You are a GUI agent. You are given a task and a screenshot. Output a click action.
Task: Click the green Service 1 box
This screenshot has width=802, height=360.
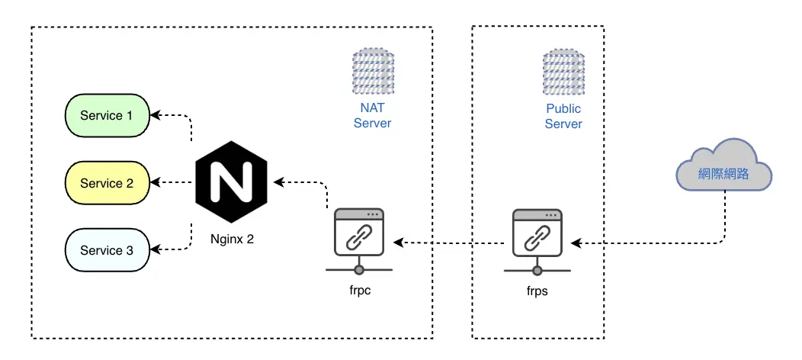click(107, 116)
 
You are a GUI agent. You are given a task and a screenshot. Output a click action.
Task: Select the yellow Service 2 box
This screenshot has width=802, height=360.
click(107, 183)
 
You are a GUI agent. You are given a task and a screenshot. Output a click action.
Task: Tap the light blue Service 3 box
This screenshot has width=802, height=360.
click(107, 250)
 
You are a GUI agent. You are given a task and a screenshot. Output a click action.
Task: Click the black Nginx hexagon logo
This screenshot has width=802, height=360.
click(232, 182)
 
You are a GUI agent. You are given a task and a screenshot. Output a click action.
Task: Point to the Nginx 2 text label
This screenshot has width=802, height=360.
click(232, 239)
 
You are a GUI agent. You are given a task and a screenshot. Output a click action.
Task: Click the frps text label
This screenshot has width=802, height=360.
click(537, 291)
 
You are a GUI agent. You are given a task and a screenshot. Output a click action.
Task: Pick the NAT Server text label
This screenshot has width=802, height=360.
click(372, 116)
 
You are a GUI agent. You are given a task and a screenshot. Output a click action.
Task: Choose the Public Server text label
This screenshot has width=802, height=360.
click(563, 116)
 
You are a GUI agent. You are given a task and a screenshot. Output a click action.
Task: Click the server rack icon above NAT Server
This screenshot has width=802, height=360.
click(373, 71)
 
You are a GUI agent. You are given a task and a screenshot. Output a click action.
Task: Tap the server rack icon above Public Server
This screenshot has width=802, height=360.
click(563, 71)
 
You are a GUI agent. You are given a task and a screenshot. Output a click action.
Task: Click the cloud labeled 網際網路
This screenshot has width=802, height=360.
click(723, 166)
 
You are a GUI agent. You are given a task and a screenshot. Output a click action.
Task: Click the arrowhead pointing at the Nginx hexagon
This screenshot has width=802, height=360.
click(279, 182)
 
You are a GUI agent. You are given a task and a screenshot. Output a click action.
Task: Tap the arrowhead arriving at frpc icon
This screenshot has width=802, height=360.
click(399, 243)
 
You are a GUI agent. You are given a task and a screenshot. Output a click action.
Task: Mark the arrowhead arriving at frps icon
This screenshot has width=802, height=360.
click(576, 243)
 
